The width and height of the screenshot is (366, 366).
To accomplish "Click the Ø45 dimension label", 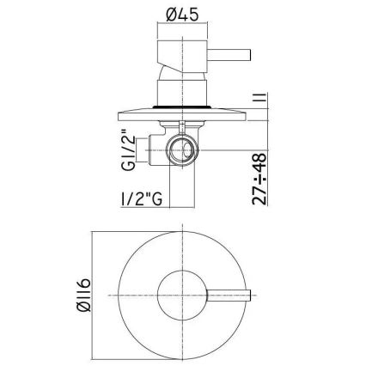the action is tap(182, 15).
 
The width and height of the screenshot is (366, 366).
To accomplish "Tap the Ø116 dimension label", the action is tap(84, 295).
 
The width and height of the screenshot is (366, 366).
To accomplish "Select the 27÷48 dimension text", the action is tap(259, 180).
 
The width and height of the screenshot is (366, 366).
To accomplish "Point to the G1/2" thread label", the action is tap(128, 150).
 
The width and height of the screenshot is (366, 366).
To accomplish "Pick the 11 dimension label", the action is tap(259, 101).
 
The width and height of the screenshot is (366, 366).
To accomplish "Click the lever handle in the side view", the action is tap(229, 55).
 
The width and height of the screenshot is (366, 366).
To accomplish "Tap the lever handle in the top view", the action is tap(229, 296).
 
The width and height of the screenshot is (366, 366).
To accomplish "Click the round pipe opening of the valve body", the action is tap(182, 150).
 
